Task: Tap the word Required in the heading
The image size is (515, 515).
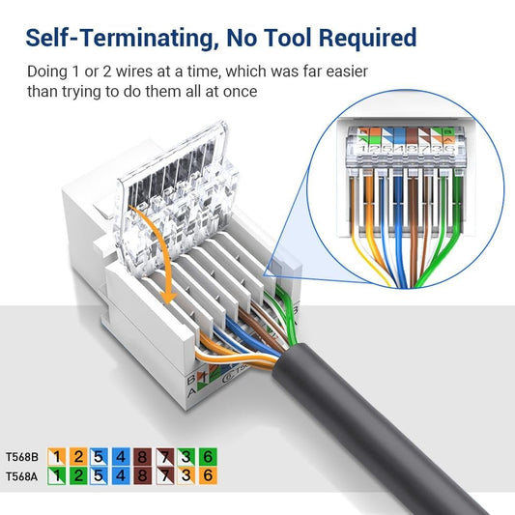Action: (359, 38)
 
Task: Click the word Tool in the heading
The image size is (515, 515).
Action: (272, 38)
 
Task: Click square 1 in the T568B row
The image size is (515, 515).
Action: (58, 456)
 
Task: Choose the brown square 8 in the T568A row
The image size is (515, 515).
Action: (142, 475)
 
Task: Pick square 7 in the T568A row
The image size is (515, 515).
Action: (162, 475)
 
